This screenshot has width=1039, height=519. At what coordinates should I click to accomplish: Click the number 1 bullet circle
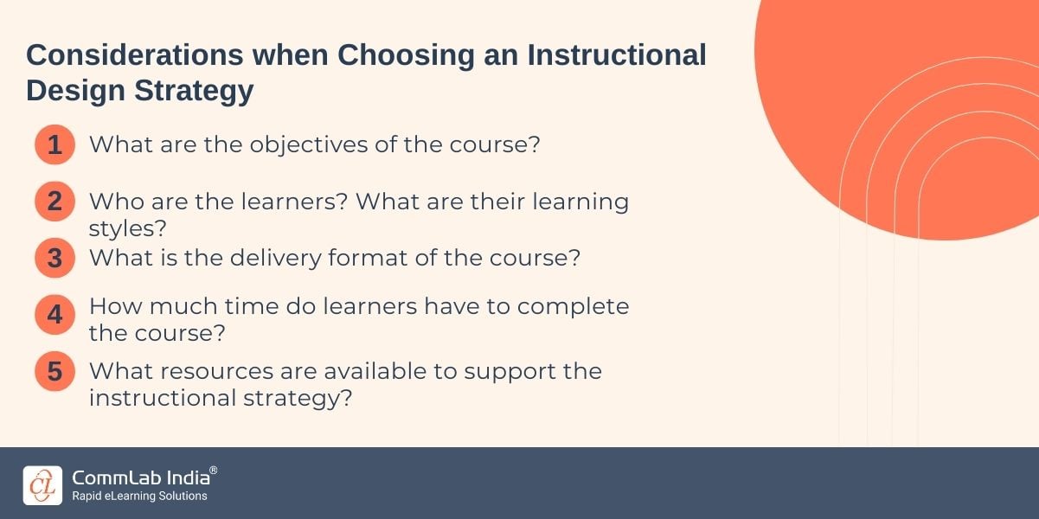click(55, 144)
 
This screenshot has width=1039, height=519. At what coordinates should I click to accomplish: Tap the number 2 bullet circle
click(55, 201)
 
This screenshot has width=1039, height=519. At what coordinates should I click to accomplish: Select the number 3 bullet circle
click(55, 258)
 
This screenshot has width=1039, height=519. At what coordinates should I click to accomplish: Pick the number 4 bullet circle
click(55, 315)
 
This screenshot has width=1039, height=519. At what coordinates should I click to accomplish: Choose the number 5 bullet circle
click(55, 371)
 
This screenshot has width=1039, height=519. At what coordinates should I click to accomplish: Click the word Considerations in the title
click(134, 54)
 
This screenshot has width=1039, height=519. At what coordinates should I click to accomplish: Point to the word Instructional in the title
click(617, 54)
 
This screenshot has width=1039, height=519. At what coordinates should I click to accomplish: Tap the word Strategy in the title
click(194, 92)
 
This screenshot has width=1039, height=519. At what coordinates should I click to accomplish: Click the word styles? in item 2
click(127, 228)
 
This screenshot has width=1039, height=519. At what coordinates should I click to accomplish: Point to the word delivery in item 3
click(275, 259)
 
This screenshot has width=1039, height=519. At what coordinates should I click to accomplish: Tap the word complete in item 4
click(573, 307)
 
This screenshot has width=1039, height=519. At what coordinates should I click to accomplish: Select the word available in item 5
click(375, 371)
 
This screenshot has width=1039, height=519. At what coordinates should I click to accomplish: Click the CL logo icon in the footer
click(42, 485)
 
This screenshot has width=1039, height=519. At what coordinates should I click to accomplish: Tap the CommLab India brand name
click(141, 477)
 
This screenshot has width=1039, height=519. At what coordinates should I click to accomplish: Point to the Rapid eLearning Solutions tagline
click(139, 496)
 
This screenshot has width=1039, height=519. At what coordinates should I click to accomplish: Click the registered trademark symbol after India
click(214, 471)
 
